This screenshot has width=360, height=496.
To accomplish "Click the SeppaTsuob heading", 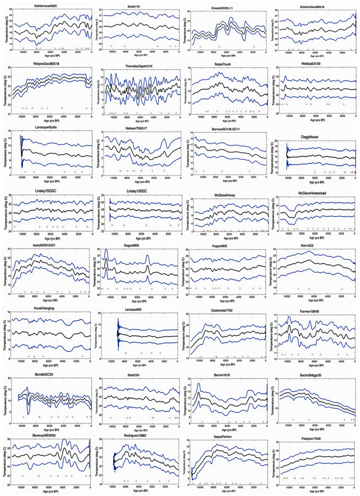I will pos(231,66).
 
